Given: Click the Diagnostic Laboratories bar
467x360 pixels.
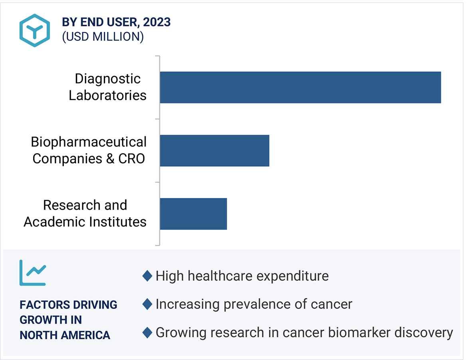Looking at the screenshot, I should tap(300, 87).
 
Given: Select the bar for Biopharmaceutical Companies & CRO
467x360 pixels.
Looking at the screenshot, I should tap(214, 150).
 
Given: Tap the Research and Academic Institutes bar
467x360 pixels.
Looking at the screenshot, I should tap(193, 214).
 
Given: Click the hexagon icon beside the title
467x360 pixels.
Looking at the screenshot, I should tap(35, 30).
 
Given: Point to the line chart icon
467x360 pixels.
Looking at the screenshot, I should tap(32, 273).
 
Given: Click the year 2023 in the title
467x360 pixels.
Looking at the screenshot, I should tap(157, 22).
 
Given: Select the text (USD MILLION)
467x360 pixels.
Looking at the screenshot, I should tap(103, 37).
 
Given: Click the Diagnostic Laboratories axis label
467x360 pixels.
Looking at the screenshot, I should tap(107, 87).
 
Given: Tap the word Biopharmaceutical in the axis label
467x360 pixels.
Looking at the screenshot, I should tap(89, 142).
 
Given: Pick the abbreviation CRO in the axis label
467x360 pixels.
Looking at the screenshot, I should tap(132, 158).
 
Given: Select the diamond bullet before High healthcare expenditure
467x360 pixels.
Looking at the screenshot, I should tap(147, 276).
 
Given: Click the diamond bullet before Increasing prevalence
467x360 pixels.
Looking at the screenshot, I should tap(147, 304).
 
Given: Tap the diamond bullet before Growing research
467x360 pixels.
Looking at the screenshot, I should tap(147, 332).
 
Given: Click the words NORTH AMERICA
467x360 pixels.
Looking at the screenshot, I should tap(65, 335).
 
